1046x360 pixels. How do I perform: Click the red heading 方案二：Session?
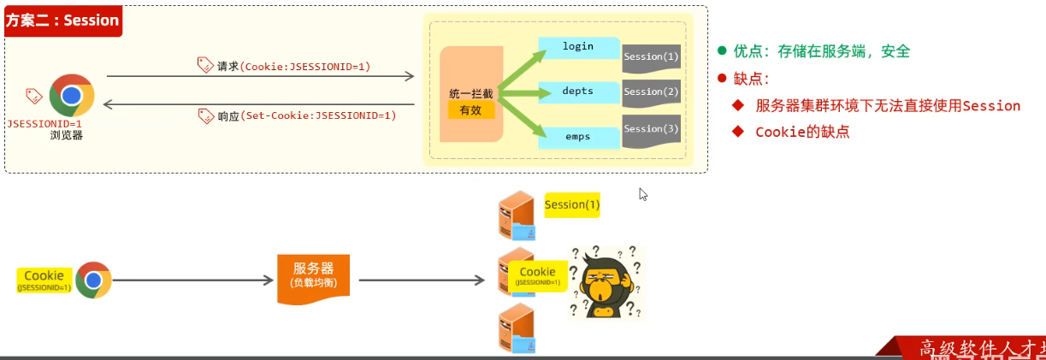(62, 21)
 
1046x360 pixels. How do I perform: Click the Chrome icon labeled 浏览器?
(72, 96)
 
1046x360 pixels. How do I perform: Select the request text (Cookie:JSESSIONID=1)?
(305, 66)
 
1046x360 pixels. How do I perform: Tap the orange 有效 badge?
(470, 110)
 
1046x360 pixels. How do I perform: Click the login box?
(578, 47)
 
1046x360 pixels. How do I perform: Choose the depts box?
(578, 91)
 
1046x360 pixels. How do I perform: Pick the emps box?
(578, 137)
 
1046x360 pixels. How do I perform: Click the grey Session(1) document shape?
(652, 57)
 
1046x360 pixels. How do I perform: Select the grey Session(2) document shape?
(652, 92)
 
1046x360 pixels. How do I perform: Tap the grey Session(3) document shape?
(652, 130)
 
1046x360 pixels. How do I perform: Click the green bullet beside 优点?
(723, 51)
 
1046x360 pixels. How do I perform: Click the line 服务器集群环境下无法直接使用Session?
(888, 106)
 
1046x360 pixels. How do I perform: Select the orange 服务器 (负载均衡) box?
(313, 276)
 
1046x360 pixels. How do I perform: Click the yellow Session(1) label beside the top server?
(572, 205)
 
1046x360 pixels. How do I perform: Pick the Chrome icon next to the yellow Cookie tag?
(93, 280)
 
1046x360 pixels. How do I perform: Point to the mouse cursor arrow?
(643, 194)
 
